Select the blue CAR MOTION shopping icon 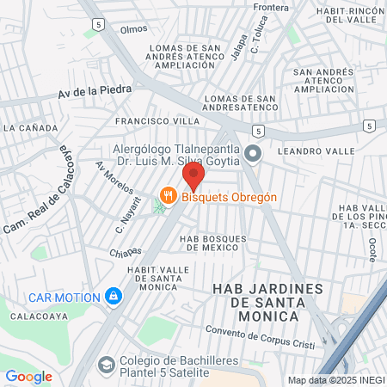[x=113, y=297]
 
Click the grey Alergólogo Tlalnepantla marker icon [x=252, y=154]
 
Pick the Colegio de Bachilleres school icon [x=106, y=365]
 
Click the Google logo [x=28, y=376]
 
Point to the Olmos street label [x=134, y=29]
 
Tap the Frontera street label [x=271, y=8]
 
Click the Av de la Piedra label [x=95, y=90]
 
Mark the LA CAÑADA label [x=30, y=128]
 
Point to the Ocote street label [x=372, y=251]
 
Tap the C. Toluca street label [x=255, y=44]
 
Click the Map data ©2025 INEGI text [x=335, y=380]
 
